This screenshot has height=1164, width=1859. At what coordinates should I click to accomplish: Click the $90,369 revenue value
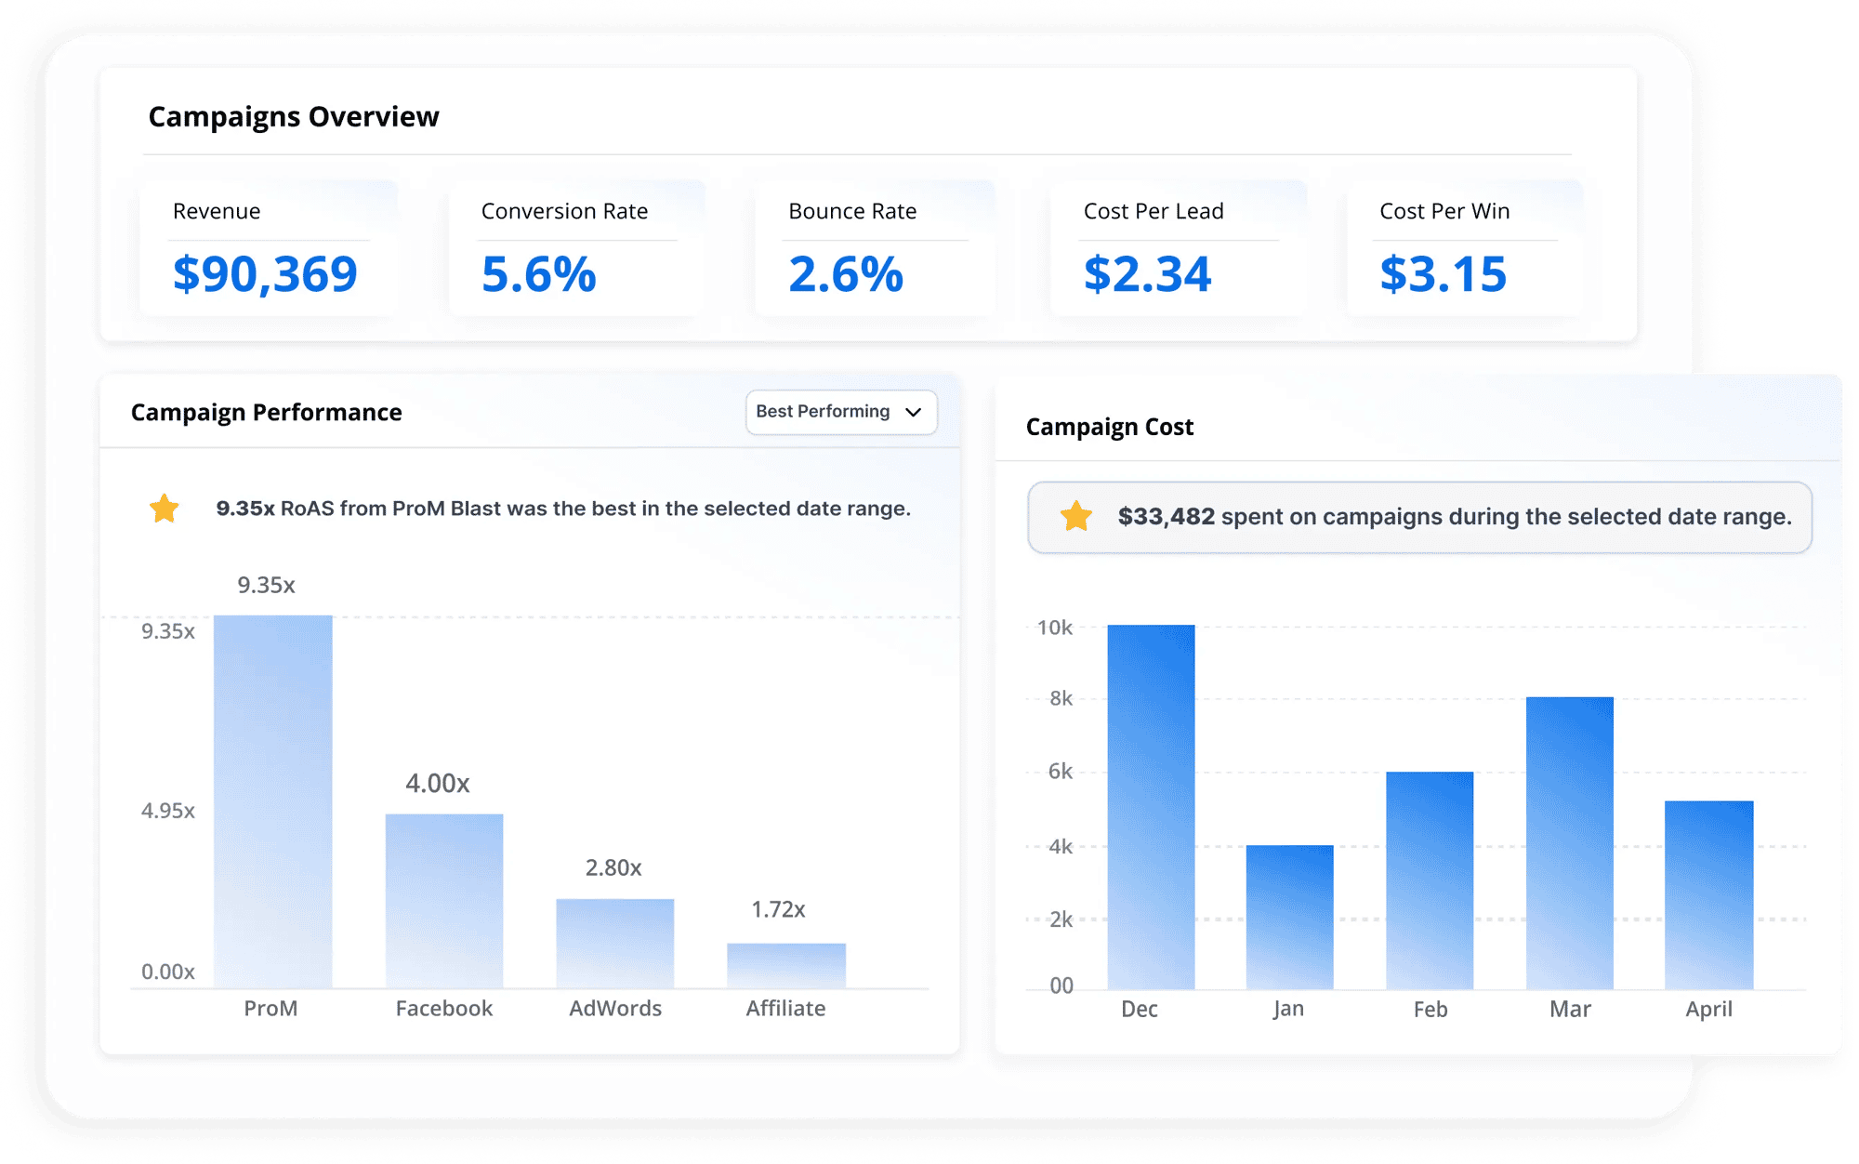pos(265,274)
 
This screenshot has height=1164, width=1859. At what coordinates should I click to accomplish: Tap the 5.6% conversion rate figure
pos(538,274)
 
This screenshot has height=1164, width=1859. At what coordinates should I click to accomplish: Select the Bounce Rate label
pos(852,211)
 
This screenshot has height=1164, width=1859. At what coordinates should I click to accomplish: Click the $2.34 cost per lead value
pos(1147,274)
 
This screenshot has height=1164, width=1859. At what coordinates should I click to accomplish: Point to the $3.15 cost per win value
pos(1443,274)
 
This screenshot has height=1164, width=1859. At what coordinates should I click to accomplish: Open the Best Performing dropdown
pos(840,412)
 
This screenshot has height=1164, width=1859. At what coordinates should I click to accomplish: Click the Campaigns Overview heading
pos(294,117)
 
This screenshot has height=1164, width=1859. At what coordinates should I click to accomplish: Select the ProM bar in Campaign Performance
pos(272,800)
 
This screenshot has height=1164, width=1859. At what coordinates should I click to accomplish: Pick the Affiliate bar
pos(786,965)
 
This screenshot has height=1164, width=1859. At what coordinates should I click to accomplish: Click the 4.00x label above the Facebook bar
pos(437,784)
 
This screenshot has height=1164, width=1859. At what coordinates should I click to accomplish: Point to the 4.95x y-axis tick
pos(168,811)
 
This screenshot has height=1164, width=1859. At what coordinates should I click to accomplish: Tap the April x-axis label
pos(1708,1009)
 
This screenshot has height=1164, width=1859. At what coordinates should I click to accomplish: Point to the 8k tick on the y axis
pos(1061,698)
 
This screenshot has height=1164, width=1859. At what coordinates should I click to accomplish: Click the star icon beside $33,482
pos(1076,516)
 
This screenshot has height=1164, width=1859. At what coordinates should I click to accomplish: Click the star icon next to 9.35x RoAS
pos(165,509)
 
